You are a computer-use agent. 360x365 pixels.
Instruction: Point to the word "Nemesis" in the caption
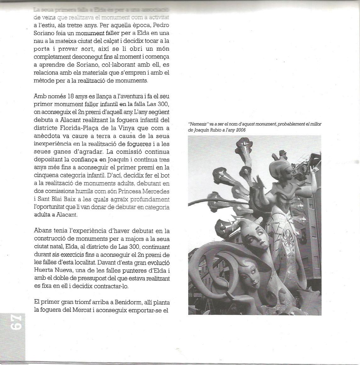pos(195,124)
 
